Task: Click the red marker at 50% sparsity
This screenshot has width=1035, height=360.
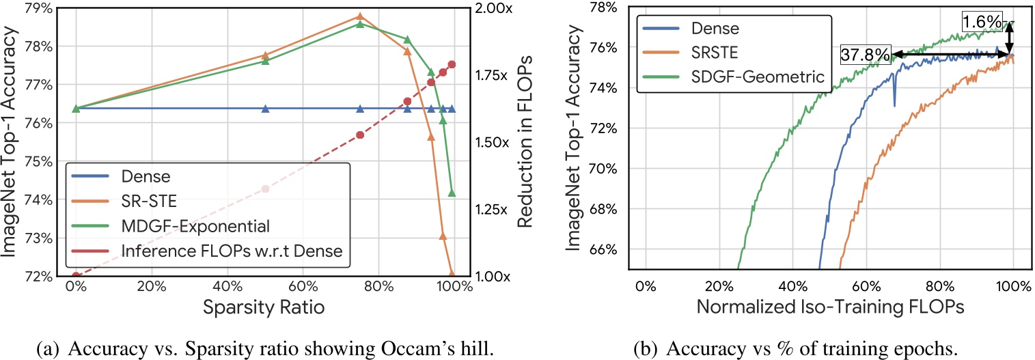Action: (266, 189)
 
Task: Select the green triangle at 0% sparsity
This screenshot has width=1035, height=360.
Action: (77, 109)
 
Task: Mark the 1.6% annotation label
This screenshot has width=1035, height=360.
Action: (981, 23)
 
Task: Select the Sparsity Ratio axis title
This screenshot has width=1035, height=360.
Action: (263, 307)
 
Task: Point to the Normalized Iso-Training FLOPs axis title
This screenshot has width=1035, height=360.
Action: (829, 307)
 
